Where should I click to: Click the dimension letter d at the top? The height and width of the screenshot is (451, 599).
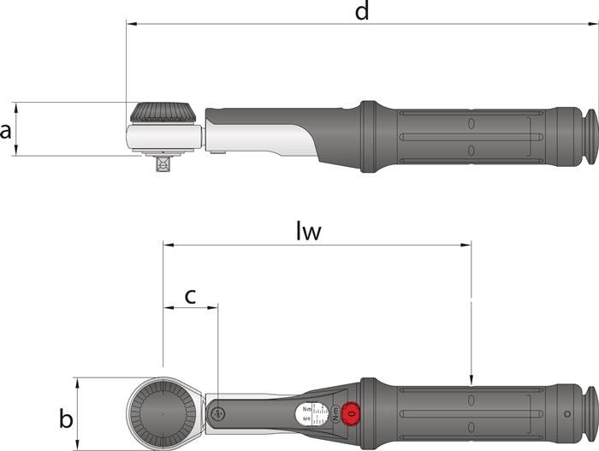pos(362,12)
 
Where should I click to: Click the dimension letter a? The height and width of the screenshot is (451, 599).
pos(7,130)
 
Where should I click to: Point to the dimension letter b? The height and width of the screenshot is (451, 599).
pos(65,418)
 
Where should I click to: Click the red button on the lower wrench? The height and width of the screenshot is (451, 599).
pos(349,415)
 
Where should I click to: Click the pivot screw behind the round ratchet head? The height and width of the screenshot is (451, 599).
pos(218,415)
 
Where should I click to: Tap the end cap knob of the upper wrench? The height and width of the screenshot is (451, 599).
pos(590,136)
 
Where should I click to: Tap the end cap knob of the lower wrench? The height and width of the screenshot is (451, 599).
pos(590,414)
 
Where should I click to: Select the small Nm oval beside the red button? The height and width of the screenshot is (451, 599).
pos(335,414)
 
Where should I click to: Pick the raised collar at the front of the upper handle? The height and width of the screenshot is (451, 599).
pos(368,136)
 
